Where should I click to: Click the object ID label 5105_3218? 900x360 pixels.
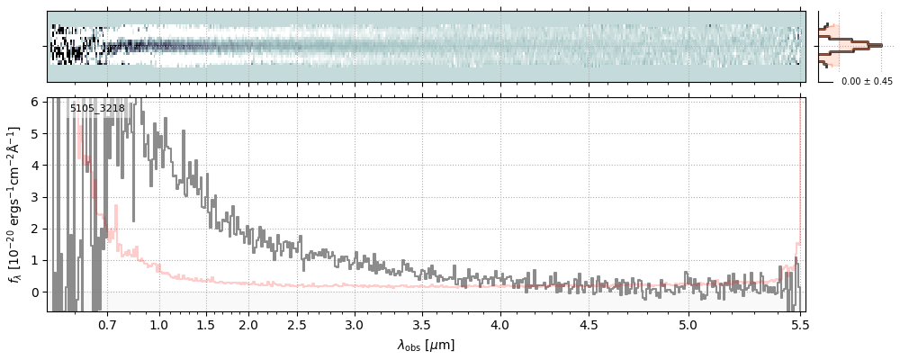point(97,109)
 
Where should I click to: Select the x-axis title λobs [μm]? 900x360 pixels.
point(426,345)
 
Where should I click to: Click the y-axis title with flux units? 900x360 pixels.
point(14,204)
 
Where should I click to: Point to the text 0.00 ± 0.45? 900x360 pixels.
point(867,81)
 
